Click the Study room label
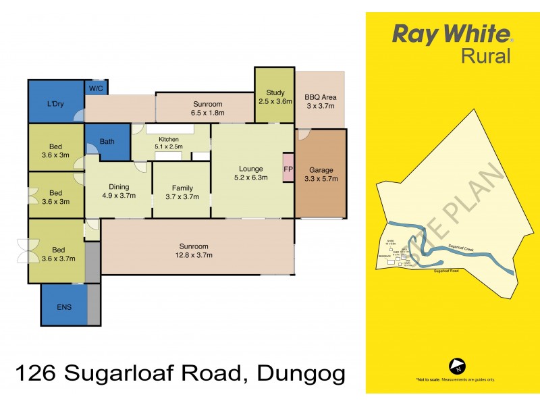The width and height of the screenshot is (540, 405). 275,93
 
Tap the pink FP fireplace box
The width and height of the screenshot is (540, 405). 288,169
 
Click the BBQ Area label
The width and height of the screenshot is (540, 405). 321,97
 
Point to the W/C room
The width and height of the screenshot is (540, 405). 94,88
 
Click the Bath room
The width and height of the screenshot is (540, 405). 107,142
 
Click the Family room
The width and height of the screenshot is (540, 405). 182,192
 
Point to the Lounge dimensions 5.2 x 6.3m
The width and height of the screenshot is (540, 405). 250,178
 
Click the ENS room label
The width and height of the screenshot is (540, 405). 64,307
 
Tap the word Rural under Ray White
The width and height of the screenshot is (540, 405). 485,55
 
